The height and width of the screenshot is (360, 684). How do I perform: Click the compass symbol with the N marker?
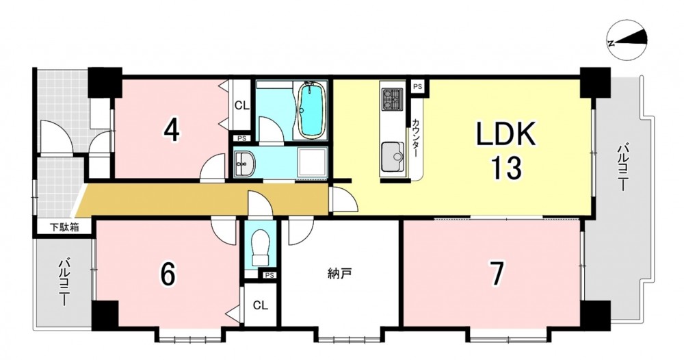coord(628,41)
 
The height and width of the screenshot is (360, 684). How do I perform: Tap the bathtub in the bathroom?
coord(311,110)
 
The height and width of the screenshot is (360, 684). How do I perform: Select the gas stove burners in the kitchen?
coord(392,99)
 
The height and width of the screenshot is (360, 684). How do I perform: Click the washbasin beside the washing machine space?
coord(245,164)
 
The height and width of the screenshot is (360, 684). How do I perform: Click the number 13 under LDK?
coord(506,168)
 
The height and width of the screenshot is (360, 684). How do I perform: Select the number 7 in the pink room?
coord(497,273)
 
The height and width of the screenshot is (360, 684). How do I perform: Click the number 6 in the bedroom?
coord(168,274)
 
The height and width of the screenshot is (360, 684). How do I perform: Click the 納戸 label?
coord(339,274)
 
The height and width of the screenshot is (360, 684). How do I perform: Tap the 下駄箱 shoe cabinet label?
coord(64,227)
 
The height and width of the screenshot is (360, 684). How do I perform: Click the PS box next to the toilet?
coord(269,275)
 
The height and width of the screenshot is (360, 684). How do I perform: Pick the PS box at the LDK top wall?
coord(417,86)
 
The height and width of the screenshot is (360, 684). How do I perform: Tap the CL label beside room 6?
coord(261,305)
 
